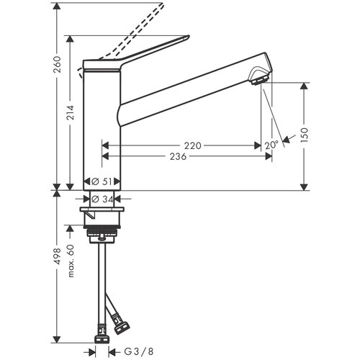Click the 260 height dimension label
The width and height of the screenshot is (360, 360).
58,65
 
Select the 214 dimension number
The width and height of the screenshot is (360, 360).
71,112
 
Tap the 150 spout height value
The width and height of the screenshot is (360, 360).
304,135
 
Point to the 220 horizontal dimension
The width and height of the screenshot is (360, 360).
192,145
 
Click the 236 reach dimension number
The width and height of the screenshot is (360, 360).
178,157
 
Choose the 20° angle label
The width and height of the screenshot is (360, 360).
271,145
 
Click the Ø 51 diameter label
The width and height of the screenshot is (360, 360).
102,181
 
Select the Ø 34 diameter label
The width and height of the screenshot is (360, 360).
102,199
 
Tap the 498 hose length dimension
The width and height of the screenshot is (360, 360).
58,256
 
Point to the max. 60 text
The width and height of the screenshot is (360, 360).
71,261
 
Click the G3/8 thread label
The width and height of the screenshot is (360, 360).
138,352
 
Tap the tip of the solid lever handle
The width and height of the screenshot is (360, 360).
189,37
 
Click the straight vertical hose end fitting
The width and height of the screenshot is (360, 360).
102,336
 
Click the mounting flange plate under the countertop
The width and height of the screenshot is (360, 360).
102,210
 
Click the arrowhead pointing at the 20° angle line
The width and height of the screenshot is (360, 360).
287,140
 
